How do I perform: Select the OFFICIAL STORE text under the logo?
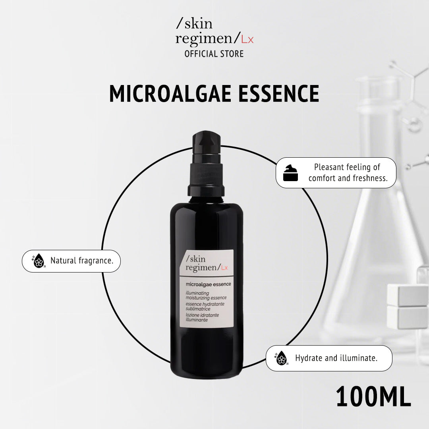pyautogui.click(x=214, y=54)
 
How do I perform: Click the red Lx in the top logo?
pyautogui.click(x=247, y=39)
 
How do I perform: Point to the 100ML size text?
pyautogui.click(x=373, y=397)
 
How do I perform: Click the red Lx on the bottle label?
pyautogui.click(x=224, y=267)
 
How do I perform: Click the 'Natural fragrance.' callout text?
pyautogui.click(x=81, y=261)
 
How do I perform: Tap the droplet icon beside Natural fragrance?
pyautogui.click(x=39, y=261)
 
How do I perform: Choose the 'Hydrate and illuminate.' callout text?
pyautogui.click(x=336, y=358)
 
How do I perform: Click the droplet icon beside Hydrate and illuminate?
pyautogui.click(x=282, y=358)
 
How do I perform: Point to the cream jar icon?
pyautogui.click(x=290, y=173)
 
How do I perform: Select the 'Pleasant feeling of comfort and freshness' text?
pyautogui.click(x=348, y=173)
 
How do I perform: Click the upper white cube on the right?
pyautogui.click(x=408, y=295)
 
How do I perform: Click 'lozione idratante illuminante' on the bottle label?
pyautogui.click(x=202, y=317)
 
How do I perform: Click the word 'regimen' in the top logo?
pyautogui.click(x=206, y=39)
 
